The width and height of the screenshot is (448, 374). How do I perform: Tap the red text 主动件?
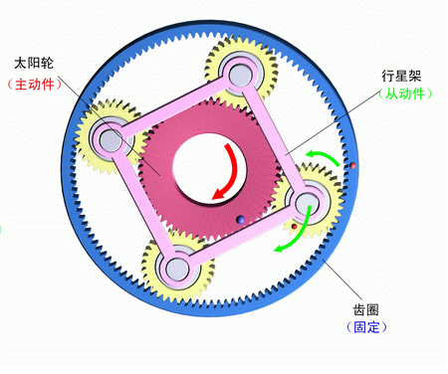[37, 84]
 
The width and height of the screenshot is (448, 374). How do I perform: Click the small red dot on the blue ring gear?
[351, 163]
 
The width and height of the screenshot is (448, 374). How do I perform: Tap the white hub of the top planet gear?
[239, 73]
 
